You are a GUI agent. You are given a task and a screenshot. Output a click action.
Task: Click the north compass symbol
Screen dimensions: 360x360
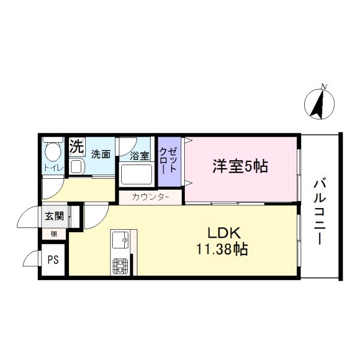319,104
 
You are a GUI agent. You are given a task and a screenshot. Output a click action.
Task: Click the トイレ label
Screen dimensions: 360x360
53,168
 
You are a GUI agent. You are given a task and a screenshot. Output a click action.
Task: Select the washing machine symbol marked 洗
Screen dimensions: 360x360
77,146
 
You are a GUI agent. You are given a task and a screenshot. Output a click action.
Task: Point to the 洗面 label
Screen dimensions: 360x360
101,154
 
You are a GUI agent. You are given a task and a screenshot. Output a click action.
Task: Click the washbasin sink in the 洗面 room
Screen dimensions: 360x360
77,166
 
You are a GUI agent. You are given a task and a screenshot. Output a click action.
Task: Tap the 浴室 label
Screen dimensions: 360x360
140,156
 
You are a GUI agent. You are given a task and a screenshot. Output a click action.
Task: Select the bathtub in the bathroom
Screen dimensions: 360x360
136,175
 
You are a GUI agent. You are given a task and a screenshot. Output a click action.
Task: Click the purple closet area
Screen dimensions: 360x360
169,161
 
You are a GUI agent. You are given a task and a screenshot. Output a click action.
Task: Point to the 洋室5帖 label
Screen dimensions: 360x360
240,166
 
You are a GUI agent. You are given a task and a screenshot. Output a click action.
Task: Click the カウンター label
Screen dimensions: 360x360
151,197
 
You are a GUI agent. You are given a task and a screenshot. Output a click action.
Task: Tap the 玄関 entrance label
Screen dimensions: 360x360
54,216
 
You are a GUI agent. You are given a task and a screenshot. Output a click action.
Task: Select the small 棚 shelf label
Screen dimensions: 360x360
54,234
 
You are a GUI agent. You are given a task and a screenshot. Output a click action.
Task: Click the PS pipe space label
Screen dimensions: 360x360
53,260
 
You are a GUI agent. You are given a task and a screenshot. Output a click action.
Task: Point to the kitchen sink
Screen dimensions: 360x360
120,239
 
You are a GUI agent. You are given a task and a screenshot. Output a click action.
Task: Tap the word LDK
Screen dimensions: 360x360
224,233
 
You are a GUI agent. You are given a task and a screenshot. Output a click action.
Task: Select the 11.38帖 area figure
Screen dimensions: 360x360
222,249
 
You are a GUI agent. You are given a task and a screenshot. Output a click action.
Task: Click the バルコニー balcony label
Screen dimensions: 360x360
320,212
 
